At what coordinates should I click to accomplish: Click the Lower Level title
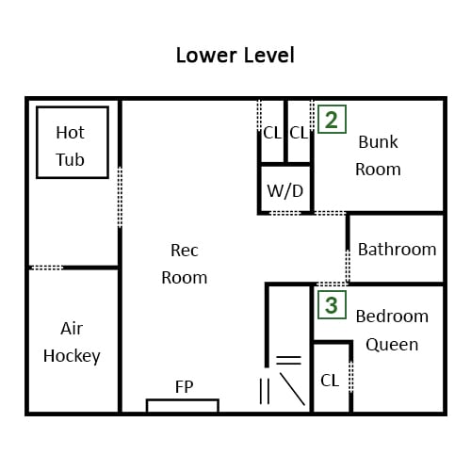[x=235, y=56]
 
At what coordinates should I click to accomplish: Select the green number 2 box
[x=332, y=120]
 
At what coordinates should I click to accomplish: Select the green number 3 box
[x=332, y=305]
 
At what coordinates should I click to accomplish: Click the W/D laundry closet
[x=285, y=189]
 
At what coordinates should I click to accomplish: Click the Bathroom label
[x=398, y=250]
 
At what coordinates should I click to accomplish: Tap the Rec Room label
[x=185, y=264]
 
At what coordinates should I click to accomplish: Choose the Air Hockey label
[x=72, y=342]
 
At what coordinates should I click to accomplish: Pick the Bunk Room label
[x=378, y=155]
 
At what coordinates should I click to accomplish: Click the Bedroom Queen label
[x=392, y=331]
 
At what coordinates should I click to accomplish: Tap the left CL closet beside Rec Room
[x=272, y=133]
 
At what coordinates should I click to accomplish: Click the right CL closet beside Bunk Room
[x=299, y=133]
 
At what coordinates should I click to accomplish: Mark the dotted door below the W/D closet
[x=285, y=213]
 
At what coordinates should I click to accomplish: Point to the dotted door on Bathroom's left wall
[x=348, y=267]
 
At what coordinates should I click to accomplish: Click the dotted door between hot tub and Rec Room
[x=120, y=197]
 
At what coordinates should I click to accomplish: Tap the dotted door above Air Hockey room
[x=47, y=268]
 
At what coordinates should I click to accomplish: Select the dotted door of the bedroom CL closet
[x=351, y=377]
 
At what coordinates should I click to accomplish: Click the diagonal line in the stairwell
[x=292, y=389]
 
